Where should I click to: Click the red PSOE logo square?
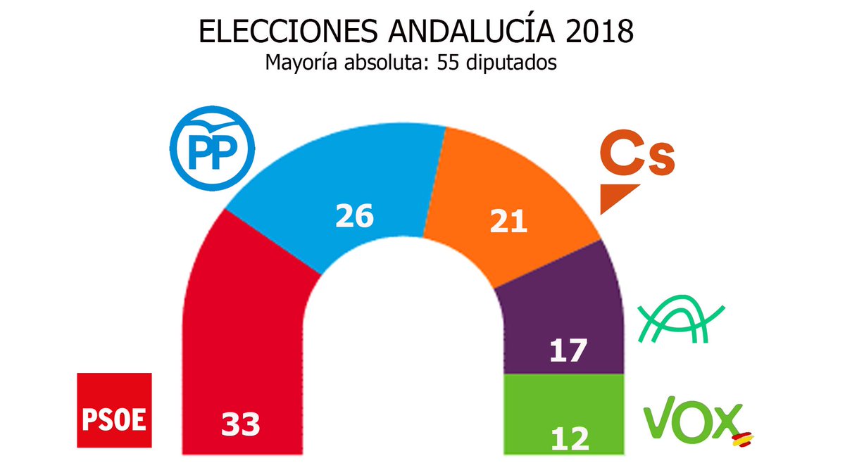click(x=114, y=410)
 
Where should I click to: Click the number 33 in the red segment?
click(x=241, y=424)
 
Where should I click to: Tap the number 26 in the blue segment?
click(x=353, y=216)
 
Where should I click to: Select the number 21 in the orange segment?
click(x=509, y=222)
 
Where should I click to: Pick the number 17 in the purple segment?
click(x=569, y=350)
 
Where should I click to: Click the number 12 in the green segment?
click(x=570, y=438)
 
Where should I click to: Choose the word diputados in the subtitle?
click(x=513, y=63)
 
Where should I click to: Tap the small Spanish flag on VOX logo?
click(x=741, y=439)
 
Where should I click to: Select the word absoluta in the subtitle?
click(x=387, y=63)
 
